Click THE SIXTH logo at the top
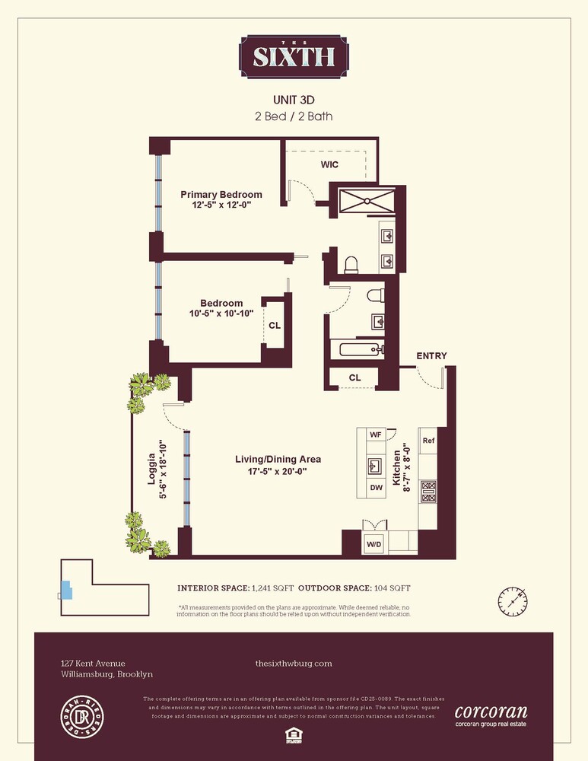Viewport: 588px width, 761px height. (294, 56)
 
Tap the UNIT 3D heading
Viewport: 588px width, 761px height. (294, 100)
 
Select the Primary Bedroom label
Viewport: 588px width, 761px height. (221, 195)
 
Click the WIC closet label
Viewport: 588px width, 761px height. (329, 164)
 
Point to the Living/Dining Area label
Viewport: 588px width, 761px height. (277, 460)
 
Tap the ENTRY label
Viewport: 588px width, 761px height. (431, 355)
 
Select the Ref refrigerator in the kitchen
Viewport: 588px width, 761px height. (428, 441)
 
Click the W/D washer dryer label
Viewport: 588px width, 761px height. (374, 543)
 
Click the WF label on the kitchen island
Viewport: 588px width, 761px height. (374, 435)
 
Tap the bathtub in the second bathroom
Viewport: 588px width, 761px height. (357, 350)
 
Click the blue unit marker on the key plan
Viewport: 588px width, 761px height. (66, 589)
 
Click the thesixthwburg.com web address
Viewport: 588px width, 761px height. (294, 664)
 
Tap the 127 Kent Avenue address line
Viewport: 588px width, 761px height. (93, 664)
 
